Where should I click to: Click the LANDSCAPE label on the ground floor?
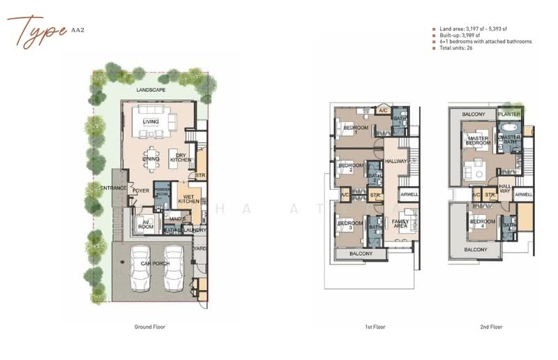(x=151, y=90)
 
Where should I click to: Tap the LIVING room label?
(x=151, y=122)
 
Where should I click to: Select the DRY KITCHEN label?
(x=180, y=158)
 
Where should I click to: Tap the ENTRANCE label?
(x=113, y=189)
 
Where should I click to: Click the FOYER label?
(x=141, y=190)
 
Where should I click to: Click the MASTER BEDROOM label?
(x=478, y=140)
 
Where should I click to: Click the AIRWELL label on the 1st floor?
(x=408, y=195)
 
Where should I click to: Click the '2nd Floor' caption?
(x=491, y=327)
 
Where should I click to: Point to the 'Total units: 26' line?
(x=455, y=48)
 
